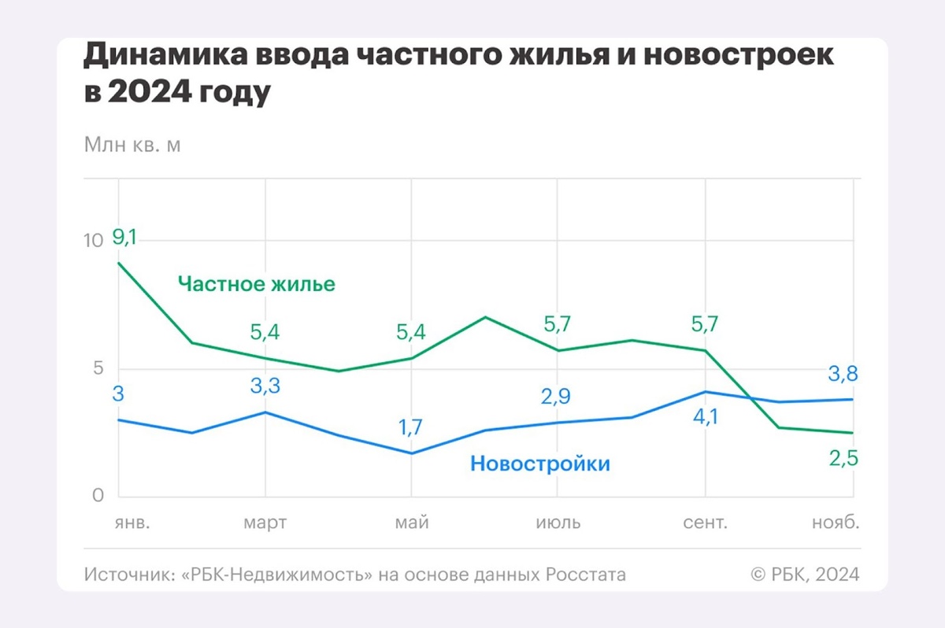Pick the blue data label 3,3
(x=265, y=386)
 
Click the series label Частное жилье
(x=256, y=283)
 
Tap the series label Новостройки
(x=540, y=464)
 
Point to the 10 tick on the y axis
(x=94, y=241)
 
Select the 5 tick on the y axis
(x=98, y=368)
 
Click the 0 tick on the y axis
(x=98, y=496)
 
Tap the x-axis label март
(x=265, y=523)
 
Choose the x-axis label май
(x=412, y=523)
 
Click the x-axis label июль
(x=558, y=523)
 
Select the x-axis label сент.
(x=705, y=523)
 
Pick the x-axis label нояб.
(x=836, y=523)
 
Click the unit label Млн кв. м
(x=132, y=146)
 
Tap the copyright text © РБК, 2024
(x=806, y=574)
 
